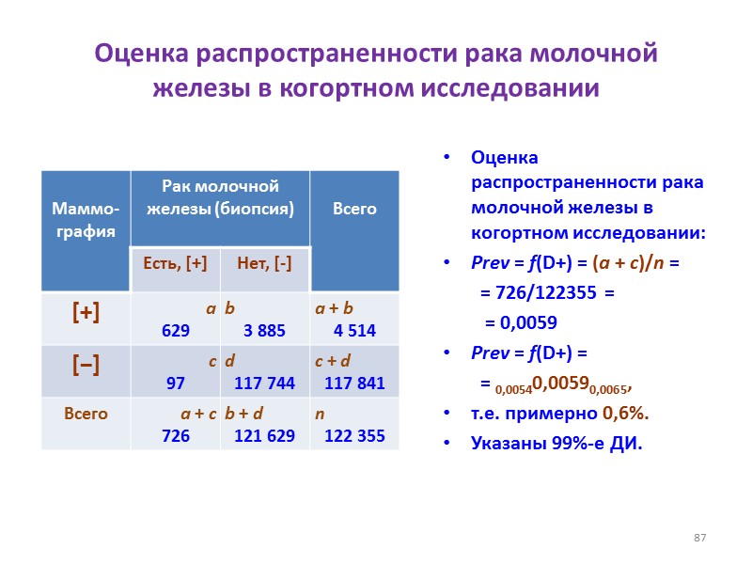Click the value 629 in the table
(x=176, y=330)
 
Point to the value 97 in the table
(x=176, y=383)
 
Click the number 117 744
(x=265, y=383)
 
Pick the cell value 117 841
(x=354, y=383)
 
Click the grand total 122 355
(x=354, y=435)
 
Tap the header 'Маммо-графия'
(x=86, y=218)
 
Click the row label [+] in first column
(x=86, y=314)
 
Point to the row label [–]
(x=86, y=367)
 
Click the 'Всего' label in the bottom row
(x=86, y=414)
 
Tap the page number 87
(x=699, y=538)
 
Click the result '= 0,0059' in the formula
(x=521, y=322)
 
